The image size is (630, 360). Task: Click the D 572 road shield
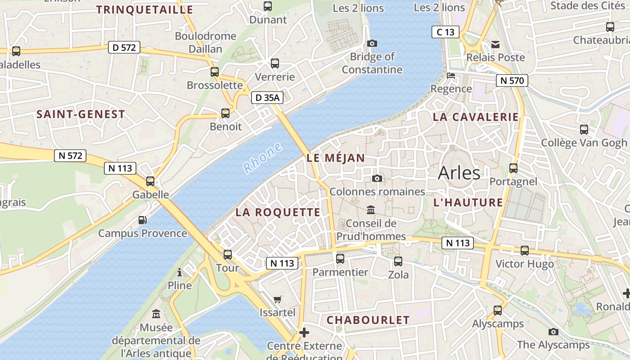point(124,47)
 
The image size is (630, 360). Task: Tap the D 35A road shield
point(267,97)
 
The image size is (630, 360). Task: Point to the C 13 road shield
point(445,32)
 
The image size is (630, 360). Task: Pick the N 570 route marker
point(512,81)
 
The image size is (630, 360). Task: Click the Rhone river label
point(263,157)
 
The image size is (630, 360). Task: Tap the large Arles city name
point(459,173)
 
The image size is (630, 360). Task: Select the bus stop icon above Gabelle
point(150,181)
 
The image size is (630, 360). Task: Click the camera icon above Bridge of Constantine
point(372,44)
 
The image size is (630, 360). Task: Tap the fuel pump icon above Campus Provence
point(142,220)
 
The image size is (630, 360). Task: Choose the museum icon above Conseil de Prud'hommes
point(371,210)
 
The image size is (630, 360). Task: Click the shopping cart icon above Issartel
point(278,299)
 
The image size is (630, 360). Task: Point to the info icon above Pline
point(180,272)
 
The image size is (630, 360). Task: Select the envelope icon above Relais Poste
point(495,44)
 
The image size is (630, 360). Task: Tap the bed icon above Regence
point(451,76)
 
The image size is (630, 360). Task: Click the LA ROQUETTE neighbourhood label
point(278,212)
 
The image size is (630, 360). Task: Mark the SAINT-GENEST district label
point(81,114)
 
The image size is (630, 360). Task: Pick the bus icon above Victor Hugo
point(525,251)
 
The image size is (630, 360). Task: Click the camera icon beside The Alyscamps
point(553,332)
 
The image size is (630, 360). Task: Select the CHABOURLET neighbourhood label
point(368,320)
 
